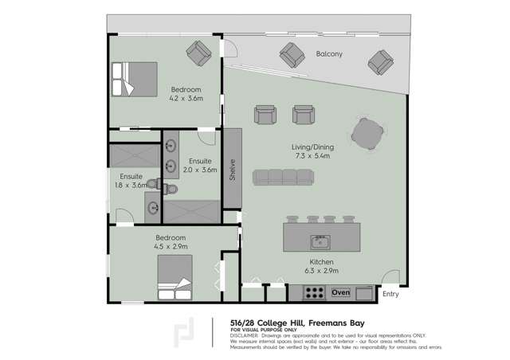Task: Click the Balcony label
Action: coord(328,54)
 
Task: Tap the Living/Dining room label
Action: coord(310,151)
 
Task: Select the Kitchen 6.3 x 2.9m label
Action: coord(321,266)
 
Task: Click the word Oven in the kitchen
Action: coord(340,293)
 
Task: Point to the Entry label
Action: coord(390,295)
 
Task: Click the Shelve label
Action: coord(232,170)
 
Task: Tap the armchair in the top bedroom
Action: coord(198,53)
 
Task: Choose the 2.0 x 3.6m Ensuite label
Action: coord(200,165)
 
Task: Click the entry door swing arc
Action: coord(390,279)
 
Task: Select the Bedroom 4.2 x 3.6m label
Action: coord(186,94)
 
